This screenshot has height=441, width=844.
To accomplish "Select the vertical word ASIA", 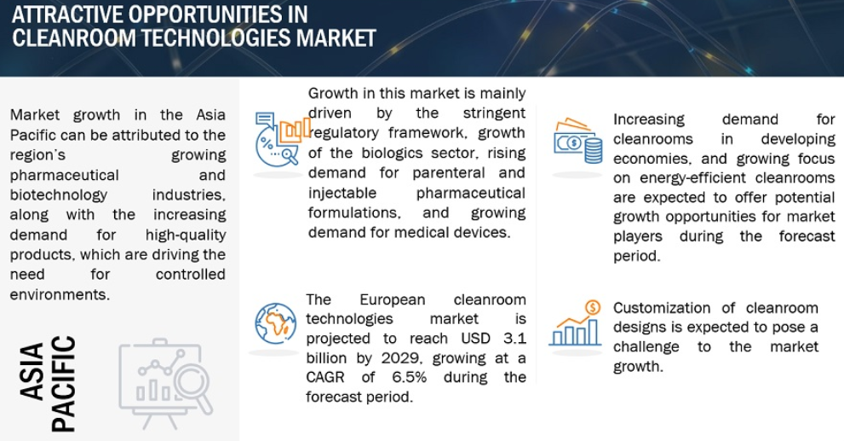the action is [32, 372].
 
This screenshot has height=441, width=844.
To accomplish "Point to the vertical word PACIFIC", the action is [63, 384].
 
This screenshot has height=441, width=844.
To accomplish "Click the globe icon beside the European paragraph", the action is [276, 323].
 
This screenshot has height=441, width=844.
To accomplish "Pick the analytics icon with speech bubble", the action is [282, 138].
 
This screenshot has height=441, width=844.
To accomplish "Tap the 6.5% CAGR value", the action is [410, 377].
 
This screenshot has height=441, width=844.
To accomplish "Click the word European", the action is [393, 299].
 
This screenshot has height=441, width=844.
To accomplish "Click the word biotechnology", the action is [59, 195].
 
